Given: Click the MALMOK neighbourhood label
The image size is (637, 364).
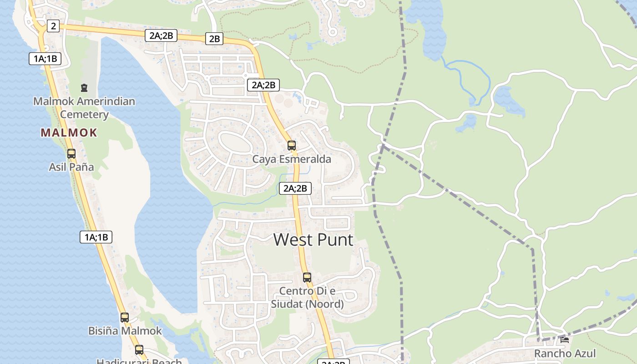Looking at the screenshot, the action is coord(69,133).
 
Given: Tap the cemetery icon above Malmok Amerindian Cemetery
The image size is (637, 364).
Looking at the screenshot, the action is coord(84,87).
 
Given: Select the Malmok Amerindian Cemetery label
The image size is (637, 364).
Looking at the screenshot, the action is coord(84,107).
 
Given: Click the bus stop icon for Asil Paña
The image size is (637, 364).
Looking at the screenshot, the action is coord(71,154).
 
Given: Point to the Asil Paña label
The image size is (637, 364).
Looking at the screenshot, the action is coord(71,167).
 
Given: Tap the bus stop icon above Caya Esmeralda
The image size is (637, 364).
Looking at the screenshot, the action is coord(292,146).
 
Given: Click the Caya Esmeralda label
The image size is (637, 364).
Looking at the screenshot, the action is coord(292,159).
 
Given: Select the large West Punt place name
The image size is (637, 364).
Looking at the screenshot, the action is coord(313,239).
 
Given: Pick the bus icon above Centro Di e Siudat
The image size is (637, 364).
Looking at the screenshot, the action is coord(307,278).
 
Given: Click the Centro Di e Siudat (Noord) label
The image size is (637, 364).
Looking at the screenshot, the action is coord(308,297).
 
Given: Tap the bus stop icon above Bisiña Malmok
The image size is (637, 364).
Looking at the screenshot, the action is coord(125,318).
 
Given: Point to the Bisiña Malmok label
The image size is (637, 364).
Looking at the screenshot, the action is coord(125,331).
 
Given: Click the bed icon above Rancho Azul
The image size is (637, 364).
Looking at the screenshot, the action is coord(565,339).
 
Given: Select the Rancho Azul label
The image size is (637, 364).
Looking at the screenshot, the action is coord(565,354).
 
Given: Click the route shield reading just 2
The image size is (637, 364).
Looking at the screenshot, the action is coord(53,26).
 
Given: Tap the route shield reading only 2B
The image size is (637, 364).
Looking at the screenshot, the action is coord(214,39).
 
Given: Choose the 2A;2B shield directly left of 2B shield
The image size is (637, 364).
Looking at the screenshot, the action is coord(161,35).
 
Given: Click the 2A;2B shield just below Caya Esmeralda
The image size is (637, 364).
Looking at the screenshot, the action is coord(295,188).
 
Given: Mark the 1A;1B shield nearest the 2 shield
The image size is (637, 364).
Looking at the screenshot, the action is coord(45,58).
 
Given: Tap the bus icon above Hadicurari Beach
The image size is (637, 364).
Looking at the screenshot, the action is coord(139,350).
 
